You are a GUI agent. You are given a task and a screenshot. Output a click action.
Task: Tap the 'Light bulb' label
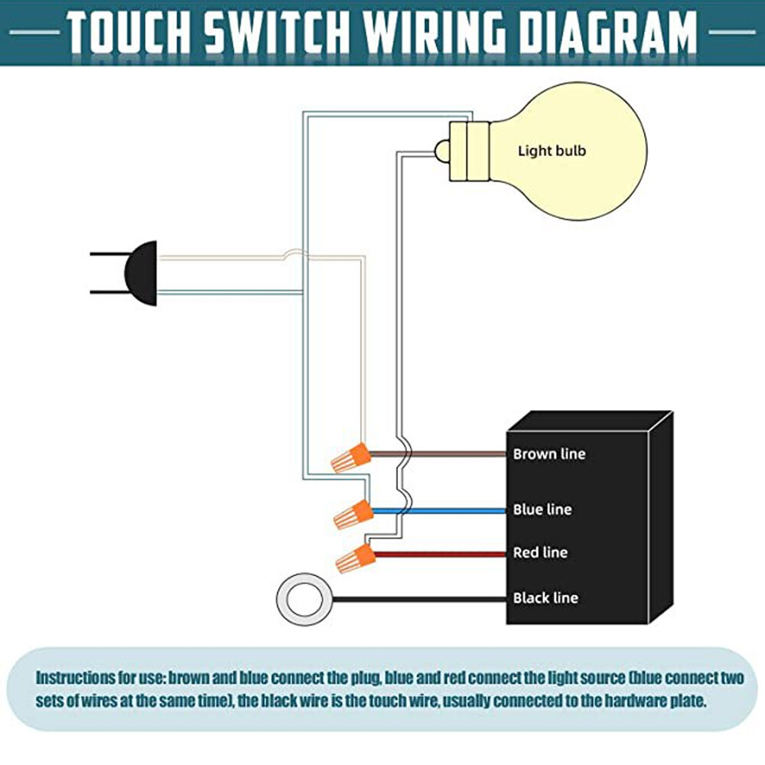point(552,151)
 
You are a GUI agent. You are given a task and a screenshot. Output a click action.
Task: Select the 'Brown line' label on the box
point(549,454)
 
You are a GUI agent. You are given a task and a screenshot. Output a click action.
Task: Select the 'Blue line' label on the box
point(542,509)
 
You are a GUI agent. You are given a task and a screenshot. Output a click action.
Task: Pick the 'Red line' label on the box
point(539,552)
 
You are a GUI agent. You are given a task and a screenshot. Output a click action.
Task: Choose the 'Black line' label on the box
point(545,597)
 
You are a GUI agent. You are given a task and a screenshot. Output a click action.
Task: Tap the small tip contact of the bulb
point(441,151)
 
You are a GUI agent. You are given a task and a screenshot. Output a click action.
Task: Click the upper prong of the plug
point(107,254)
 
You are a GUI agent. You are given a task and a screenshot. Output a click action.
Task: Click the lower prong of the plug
point(107,292)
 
